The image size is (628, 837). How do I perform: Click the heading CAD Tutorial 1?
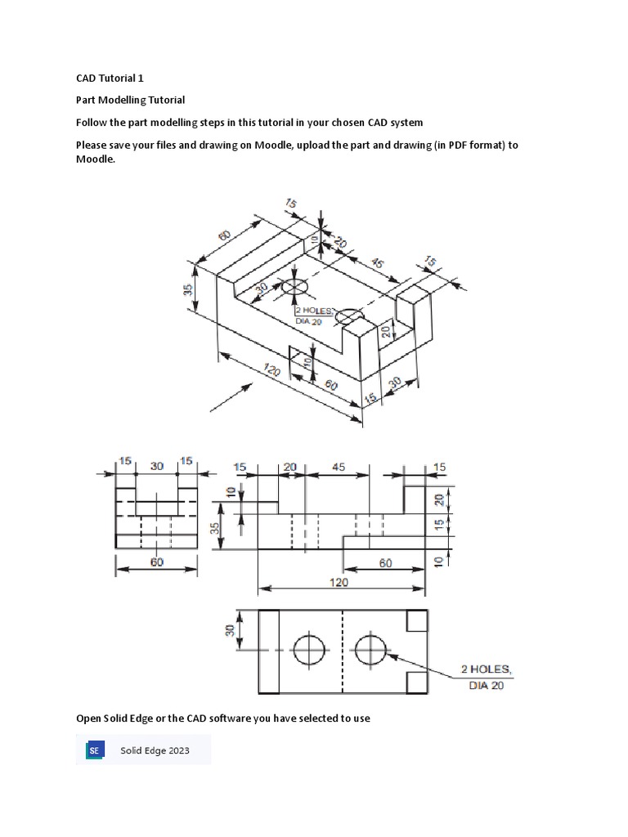[110, 78]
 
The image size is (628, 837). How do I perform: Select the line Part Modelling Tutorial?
[131, 101]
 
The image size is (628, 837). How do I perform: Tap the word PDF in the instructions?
[444, 145]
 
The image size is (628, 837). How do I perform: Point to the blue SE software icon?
[95, 750]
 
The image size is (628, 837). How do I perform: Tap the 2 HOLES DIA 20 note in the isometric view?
[315, 316]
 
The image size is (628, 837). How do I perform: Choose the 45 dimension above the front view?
[339, 467]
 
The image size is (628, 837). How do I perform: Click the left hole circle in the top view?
[309, 651]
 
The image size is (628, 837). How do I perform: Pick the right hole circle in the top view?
[371, 651]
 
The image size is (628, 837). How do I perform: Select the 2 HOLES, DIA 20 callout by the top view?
[490, 678]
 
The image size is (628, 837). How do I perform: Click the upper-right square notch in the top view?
[415, 622]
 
